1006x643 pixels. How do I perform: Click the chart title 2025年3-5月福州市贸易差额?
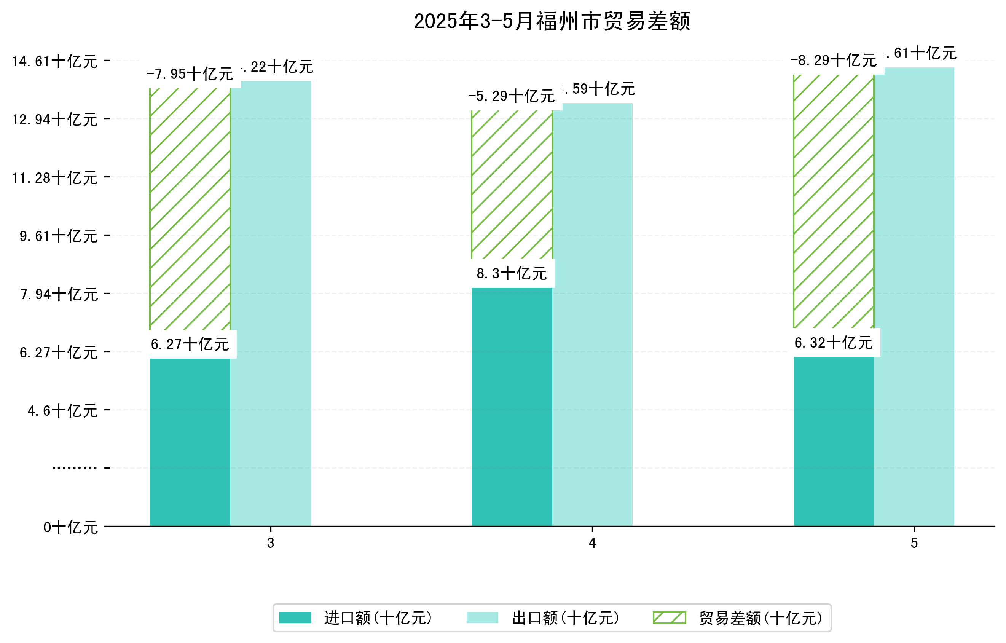click(x=552, y=22)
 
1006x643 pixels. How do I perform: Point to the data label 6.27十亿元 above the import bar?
click(x=190, y=345)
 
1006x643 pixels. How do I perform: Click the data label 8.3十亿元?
click(x=512, y=274)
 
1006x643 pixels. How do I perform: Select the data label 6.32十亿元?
click(x=834, y=343)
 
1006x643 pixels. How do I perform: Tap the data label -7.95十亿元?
click(x=190, y=74)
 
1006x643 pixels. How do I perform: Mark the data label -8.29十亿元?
click(x=834, y=61)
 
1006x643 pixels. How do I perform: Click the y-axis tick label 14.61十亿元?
click(x=55, y=62)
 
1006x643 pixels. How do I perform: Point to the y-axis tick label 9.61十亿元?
click(x=59, y=236)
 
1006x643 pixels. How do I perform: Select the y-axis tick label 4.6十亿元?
click(x=63, y=411)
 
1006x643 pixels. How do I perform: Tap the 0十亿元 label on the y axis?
click(x=70, y=528)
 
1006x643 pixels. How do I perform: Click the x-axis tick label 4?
click(x=592, y=543)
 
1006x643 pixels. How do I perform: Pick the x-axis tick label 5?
click(x=914, y=543)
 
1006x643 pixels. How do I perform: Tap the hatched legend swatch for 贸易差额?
click(x=669, y=617)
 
